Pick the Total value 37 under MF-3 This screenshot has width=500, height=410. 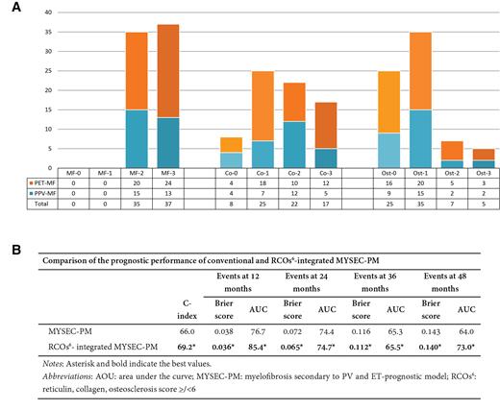tap(169, 204)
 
